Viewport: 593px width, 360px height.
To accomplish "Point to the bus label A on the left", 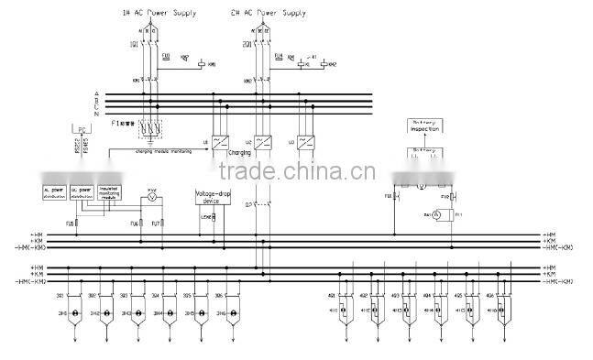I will [96, 93].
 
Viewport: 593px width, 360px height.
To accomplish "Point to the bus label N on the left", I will [96, 113].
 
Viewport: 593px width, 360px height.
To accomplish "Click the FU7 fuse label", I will [156, 223].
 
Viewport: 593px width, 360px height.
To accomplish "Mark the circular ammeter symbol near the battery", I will [436, 213].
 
